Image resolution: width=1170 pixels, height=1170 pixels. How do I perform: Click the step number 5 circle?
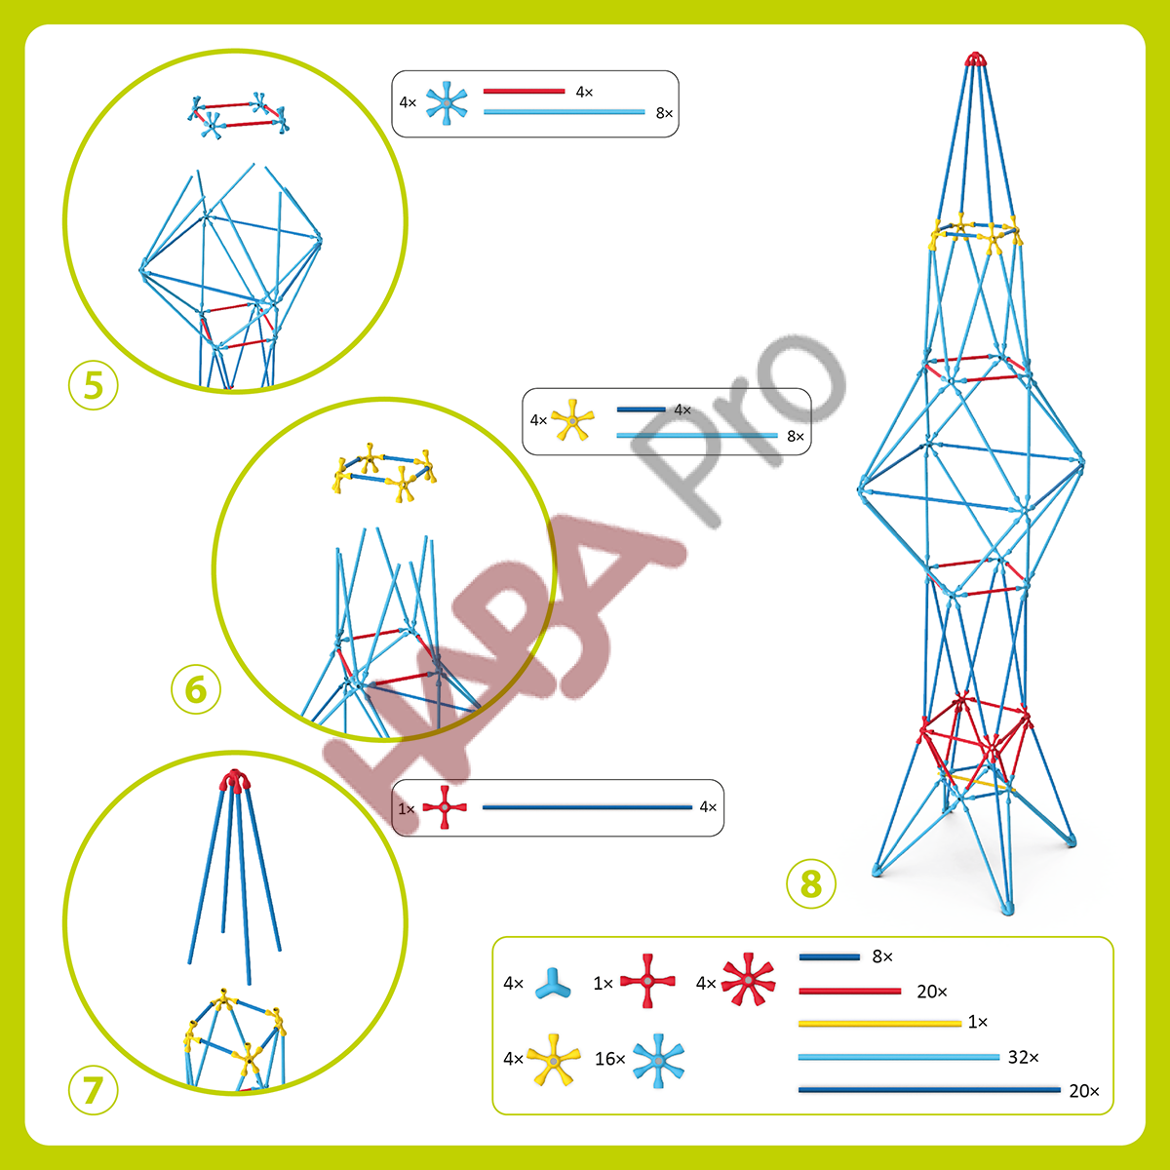click(x=93, y=385)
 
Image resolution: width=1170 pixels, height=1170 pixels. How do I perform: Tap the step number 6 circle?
click(x=196, y=689)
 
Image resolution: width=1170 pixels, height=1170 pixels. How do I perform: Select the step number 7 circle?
click(x=93, y=1089)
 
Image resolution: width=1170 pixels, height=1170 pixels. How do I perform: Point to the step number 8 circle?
click(x=810, y=883)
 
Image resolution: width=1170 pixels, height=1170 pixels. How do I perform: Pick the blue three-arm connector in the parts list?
click(x=553, y=983)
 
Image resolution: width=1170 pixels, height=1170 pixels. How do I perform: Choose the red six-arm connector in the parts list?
click(x=748, y=979)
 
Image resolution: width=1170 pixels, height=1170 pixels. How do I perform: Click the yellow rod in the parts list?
click(x=879, y=1024)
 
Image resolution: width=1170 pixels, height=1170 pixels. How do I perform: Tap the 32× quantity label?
click(x=1023, y=1057)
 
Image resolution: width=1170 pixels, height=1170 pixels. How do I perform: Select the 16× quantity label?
click(x=609, y=1059)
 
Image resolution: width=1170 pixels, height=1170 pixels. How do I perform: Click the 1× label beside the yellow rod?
click(x=978, y=1022)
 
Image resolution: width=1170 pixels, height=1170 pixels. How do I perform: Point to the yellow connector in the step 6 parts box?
click(x=572, y=419)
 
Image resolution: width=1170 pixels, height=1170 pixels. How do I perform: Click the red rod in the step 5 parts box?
click(x=524, y=91)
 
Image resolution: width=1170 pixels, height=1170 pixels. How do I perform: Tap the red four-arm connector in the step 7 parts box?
click(x=445, y=807)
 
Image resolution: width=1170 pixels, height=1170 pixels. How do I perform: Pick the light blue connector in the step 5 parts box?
click(x=447, y=103)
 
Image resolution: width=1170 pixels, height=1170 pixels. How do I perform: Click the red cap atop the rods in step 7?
click(x=234, y=780)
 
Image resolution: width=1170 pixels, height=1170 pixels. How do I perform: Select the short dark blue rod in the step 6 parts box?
click(x=642, y=409)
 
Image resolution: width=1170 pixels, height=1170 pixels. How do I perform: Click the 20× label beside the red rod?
click(x=932, y=992)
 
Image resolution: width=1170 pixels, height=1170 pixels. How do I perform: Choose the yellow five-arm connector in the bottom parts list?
click(x=553, y=1060)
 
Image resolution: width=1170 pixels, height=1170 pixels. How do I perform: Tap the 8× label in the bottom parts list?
click(x=882, y=956)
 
